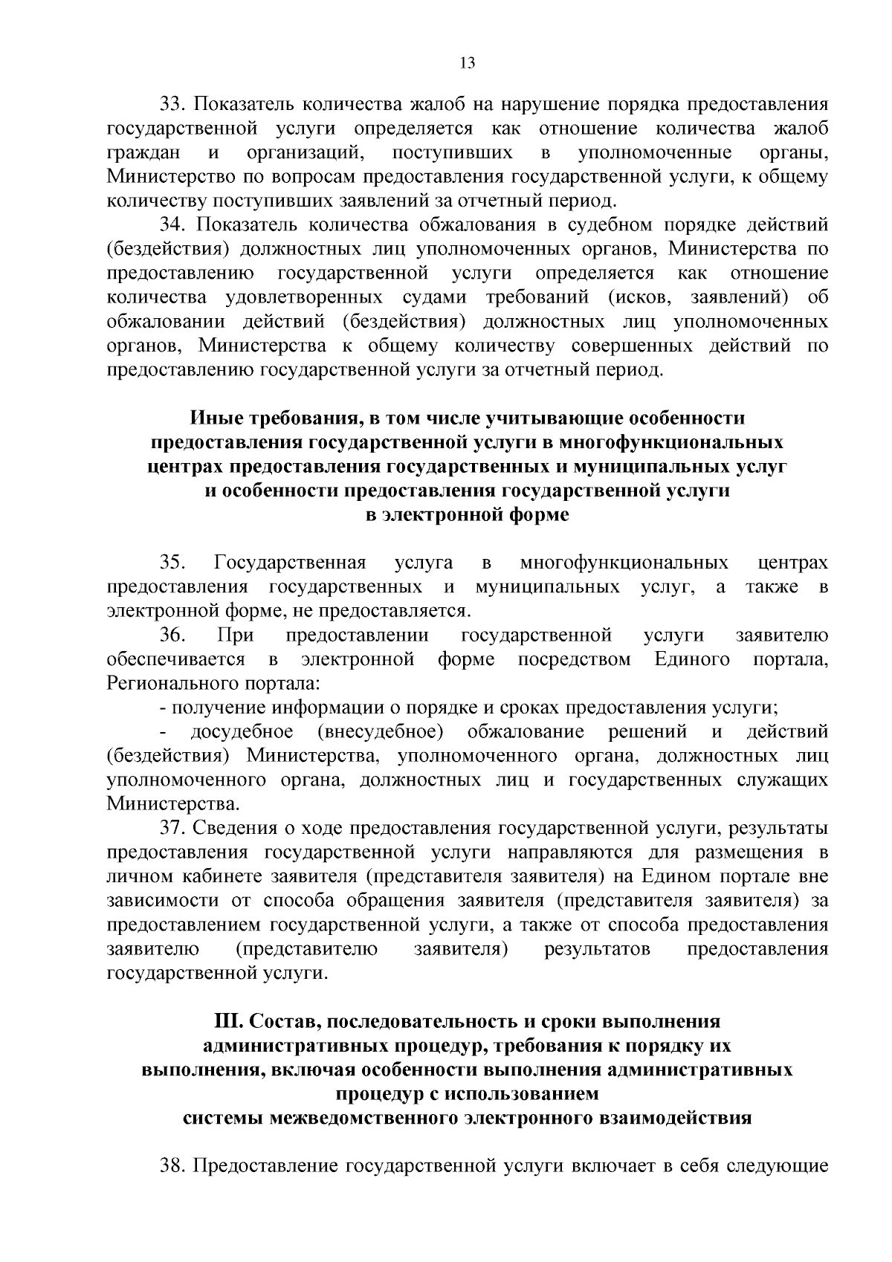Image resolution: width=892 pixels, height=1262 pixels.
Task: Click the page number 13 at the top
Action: (x=468, y=63)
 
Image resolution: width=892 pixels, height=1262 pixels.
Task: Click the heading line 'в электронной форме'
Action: (x=468, y=515)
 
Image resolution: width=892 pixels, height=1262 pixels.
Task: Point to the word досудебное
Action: (x=242, y=732)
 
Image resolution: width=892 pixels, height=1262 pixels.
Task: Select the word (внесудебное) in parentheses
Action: (x=380, y=732)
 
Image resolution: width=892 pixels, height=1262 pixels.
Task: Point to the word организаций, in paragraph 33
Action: (x=303, y=154)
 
